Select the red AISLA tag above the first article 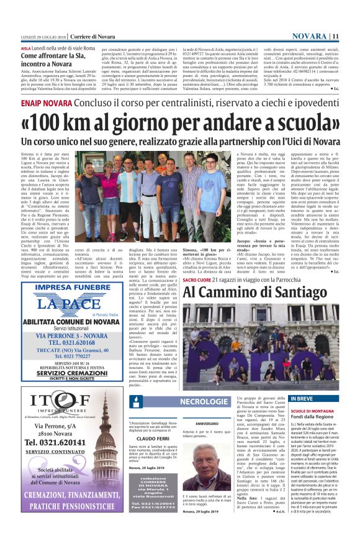(x=25, y=47)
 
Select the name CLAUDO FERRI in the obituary (x=153, y=438)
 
